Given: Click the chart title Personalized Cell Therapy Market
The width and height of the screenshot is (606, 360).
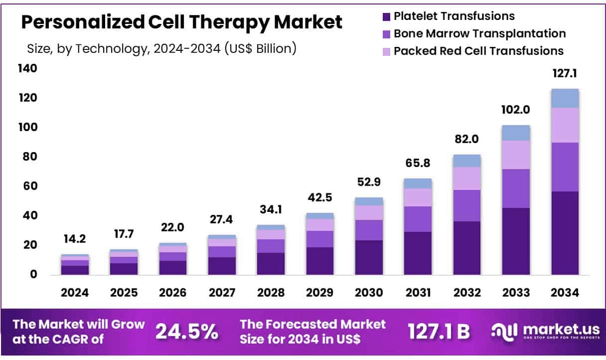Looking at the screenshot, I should pos(181,22).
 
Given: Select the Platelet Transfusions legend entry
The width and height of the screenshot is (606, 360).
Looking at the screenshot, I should pos(454,16).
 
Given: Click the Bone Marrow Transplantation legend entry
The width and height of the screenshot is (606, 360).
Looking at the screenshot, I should pos(479,33).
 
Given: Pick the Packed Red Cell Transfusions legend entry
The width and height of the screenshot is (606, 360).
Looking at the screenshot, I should pos(478,51).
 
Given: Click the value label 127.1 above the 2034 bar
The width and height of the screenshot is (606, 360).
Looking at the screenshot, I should pos(564,74).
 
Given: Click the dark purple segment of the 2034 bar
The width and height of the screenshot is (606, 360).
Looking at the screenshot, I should pos(565,233).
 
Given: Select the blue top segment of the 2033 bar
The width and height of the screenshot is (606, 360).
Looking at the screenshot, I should pos(516,133).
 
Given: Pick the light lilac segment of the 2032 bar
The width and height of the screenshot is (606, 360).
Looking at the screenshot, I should pos(467,178).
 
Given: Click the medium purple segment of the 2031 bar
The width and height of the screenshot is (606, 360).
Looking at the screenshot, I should pos(418,219).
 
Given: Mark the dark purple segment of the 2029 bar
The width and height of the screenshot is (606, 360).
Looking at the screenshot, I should pos(319,261).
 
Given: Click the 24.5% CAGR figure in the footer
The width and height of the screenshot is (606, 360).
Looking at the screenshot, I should pos(186,331).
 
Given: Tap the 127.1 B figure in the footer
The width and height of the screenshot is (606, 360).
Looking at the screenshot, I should pos(439,331).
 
